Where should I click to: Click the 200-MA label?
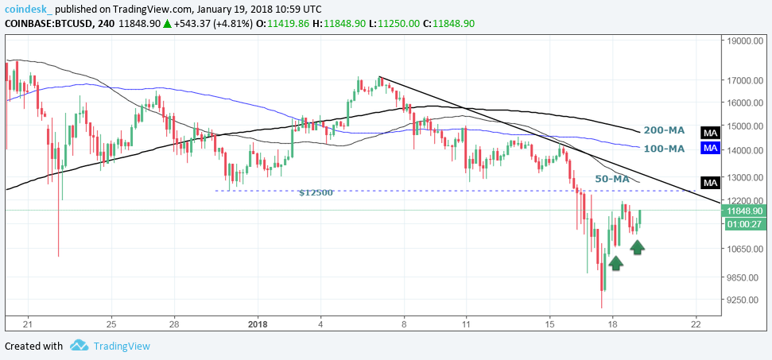664,130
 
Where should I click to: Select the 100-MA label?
664,149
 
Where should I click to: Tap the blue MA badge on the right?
710,149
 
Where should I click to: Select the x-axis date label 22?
696,324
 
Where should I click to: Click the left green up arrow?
615,262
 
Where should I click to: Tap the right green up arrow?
638,247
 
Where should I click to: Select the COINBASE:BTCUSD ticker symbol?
48,24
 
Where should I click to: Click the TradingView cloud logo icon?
79,346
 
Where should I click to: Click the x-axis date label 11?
466,324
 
